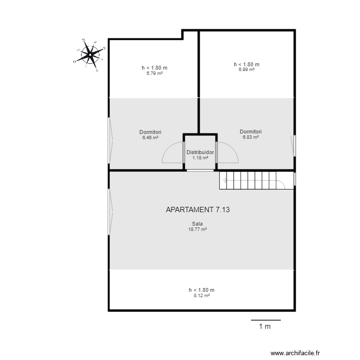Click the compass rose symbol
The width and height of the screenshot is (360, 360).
coord(90,55)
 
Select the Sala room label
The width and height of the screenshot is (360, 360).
coord(197,224)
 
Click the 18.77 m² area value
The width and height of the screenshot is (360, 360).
coord(197,229)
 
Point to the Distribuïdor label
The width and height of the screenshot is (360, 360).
coord(200,152)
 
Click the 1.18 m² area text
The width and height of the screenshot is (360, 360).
coord(200,157)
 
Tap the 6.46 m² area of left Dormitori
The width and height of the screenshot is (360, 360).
coord(150,137)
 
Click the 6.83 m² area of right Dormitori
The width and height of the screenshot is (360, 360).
coord(251,137)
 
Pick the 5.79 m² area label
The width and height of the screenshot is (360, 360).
coord(154,73)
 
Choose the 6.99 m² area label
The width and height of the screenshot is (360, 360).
coord(246,70)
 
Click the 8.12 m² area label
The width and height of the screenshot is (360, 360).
coord(202,296)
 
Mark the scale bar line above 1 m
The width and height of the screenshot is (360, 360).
coord(265,319)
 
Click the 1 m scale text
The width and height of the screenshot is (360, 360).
coord(265,327)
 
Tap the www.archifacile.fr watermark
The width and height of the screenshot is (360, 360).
coord(305,352)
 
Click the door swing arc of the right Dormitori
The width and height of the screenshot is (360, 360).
coord(228,153)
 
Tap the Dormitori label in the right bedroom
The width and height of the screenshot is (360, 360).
coord(251,131)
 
